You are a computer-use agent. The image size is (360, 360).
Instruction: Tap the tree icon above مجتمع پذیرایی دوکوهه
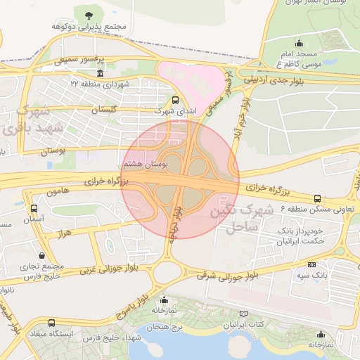[x=87, y=14]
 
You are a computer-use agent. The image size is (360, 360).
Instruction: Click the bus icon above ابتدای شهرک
[x=175, y=100]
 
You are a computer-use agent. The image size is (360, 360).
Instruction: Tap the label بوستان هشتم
[x=145, y=163]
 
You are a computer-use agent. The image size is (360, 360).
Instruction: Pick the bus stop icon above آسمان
[x=34, y=208]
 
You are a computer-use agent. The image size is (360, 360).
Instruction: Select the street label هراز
[x=64, y=231]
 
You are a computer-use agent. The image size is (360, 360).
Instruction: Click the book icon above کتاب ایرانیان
[x=244, y=313]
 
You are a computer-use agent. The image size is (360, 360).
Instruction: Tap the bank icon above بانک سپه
[x=311, y=264]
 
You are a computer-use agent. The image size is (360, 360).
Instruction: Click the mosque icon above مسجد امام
[x=300, y=42]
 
